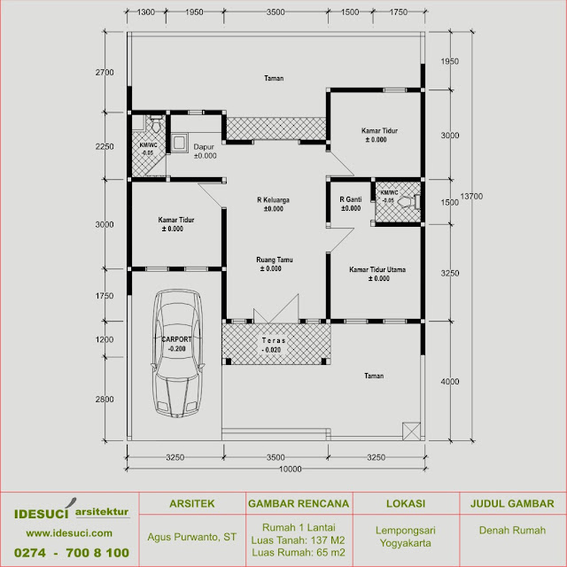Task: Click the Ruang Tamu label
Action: (x=274, y=260)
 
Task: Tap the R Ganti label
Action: (x=351, y=200)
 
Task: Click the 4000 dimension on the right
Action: (x=450, y=382)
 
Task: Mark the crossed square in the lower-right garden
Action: (x=411, y=431)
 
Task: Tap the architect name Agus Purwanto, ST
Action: (x=192, y=536)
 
